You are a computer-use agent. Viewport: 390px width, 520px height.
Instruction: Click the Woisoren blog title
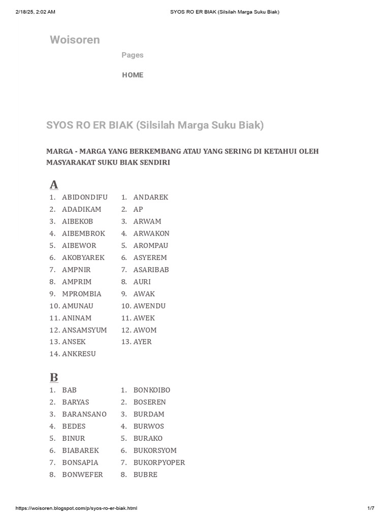75,40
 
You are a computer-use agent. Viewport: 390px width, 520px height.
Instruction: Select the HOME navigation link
133,75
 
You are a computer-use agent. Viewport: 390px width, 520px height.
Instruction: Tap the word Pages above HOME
133,55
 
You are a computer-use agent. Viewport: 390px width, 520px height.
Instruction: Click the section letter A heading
54,184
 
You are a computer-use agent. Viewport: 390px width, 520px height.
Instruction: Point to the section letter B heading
54,377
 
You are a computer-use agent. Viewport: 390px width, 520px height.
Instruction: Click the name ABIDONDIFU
85,197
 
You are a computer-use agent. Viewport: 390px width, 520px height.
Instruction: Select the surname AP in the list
138,209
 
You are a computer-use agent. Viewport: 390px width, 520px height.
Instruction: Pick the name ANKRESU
79,353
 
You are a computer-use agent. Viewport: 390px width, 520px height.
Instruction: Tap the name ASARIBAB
151,270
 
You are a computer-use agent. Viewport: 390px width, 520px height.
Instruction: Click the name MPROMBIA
82,294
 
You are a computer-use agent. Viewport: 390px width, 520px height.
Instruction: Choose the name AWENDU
149,306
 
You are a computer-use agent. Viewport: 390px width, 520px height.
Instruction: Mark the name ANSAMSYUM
84,330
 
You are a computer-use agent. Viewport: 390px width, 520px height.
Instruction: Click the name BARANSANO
84,414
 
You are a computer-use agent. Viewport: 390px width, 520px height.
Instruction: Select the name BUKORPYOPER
159,462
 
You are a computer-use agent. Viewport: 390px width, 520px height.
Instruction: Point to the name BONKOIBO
152,390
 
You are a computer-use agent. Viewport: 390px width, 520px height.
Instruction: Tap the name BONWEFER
82,474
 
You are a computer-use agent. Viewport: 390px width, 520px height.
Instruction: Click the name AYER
142,342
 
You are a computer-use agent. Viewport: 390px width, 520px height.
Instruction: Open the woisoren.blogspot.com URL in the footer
77,508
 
